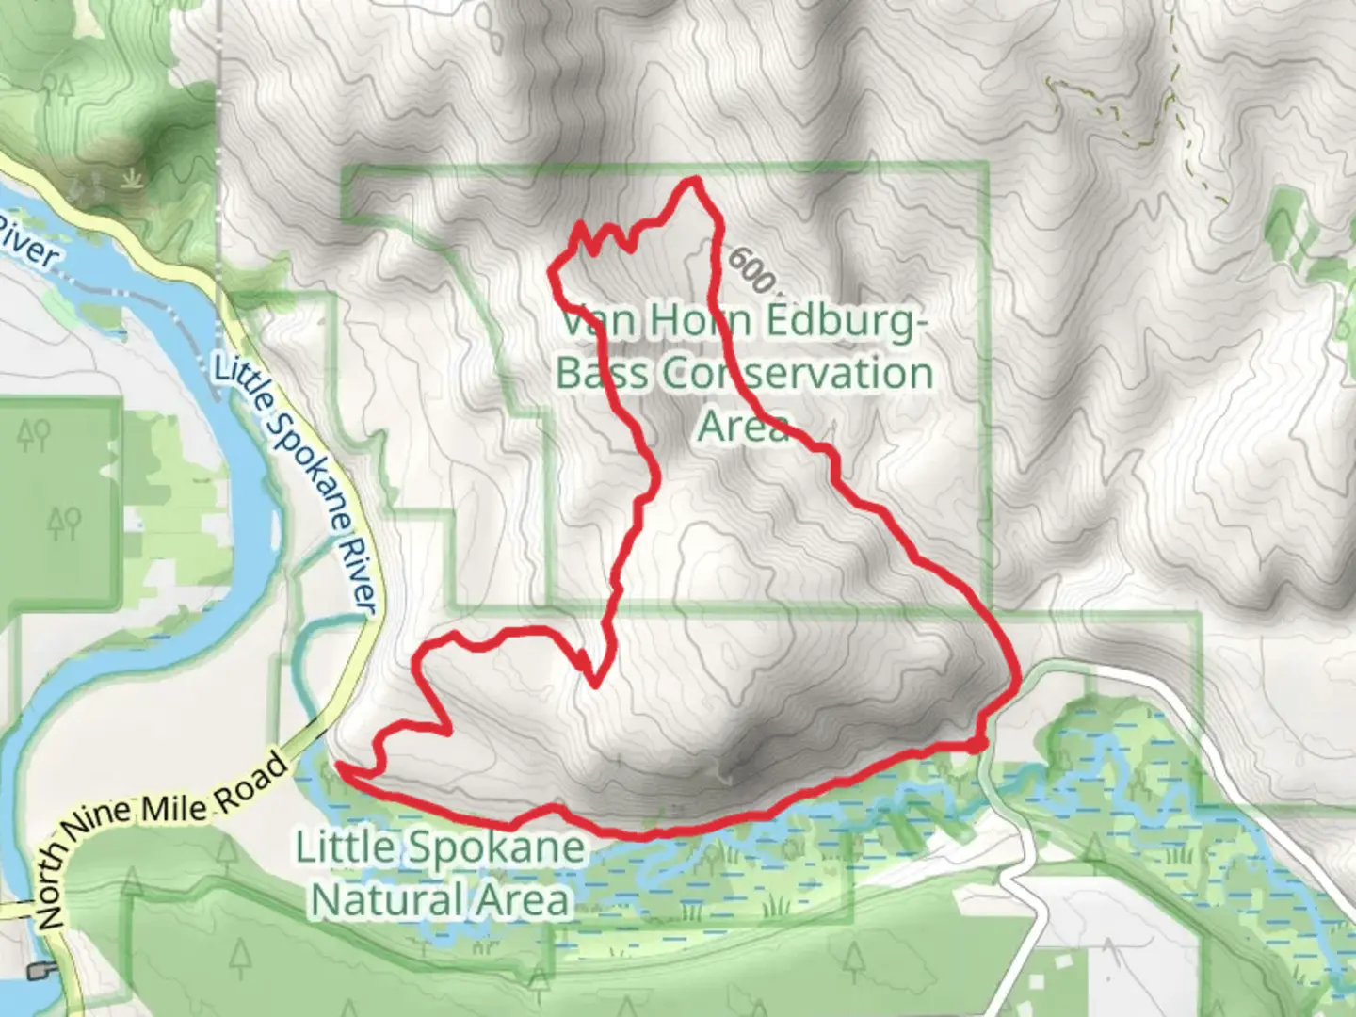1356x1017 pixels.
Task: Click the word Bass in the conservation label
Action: (x=601, y=374)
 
